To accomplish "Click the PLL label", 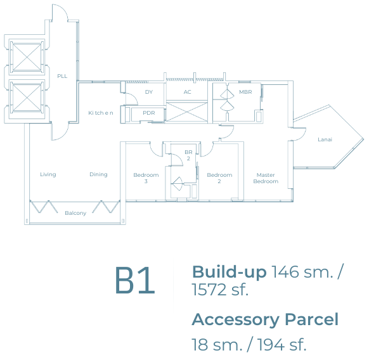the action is [62, 76].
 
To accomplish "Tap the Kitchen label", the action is [101, 113].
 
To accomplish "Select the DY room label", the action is [149, 92].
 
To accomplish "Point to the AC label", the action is [187, 92].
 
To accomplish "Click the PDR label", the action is [149, 113].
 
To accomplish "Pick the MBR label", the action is [245, 92].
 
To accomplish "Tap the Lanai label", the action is [325, 139].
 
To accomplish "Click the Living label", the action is [48, 174].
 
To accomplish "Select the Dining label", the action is [98, 174].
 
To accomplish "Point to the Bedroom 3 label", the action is [146, 178].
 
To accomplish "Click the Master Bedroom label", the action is [266, 178].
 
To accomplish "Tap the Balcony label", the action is [75, 213].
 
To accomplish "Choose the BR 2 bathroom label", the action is [188, 155].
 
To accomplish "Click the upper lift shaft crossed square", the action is [27, 57].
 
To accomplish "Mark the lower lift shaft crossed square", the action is [27, 98].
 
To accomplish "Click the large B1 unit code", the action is [135, 280].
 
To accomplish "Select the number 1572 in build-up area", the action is [209, 290].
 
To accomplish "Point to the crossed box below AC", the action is [187, 112].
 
